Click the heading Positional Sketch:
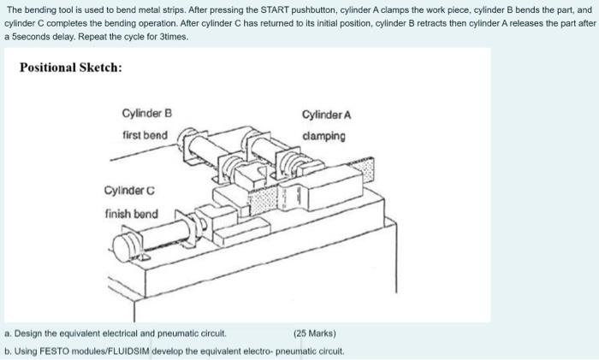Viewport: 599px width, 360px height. click(x=70, y=67)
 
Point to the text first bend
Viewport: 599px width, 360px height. click(x=145, y=135)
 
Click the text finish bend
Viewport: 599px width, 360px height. click(x=130, y=213)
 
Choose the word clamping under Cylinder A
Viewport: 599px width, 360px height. click(x=324, y=136)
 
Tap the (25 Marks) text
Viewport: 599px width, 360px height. click(x=315, y=333)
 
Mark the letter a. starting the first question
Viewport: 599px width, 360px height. click(x=8, y=333)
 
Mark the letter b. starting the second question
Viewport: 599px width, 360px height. click(x=8, y=351)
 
